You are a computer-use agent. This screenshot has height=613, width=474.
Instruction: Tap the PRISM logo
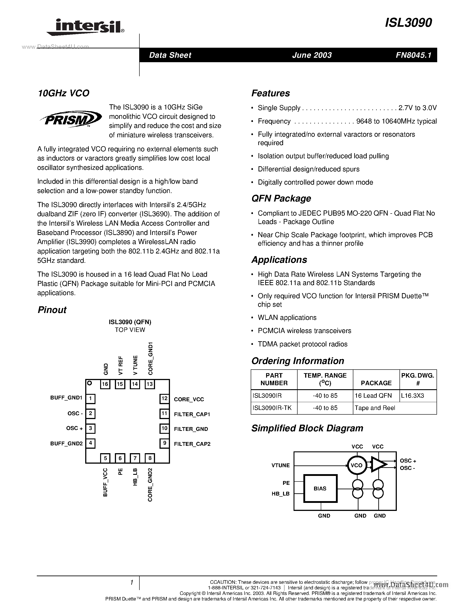[x=70, y=119]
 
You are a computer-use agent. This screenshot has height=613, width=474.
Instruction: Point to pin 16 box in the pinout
[x=105, y=384]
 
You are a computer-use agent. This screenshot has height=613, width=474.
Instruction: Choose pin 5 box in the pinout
[x=105, y=458]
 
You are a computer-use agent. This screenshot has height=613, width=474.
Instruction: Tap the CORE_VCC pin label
[x=189, y=399]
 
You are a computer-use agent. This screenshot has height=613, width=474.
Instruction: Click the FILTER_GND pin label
[x=191, y=429]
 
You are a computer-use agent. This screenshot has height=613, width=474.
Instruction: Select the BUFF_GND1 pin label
[x=66, y=398]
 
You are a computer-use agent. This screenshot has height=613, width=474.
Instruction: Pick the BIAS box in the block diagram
[x=320, y=489]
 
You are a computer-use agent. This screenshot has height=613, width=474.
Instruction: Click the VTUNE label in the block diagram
[x=281, y=465]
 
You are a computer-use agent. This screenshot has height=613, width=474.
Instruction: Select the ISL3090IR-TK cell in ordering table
[x=272, y=408]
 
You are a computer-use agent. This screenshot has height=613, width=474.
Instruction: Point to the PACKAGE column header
[x=376, y=383]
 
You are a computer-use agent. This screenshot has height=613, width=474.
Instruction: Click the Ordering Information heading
[x=298, y=361]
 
